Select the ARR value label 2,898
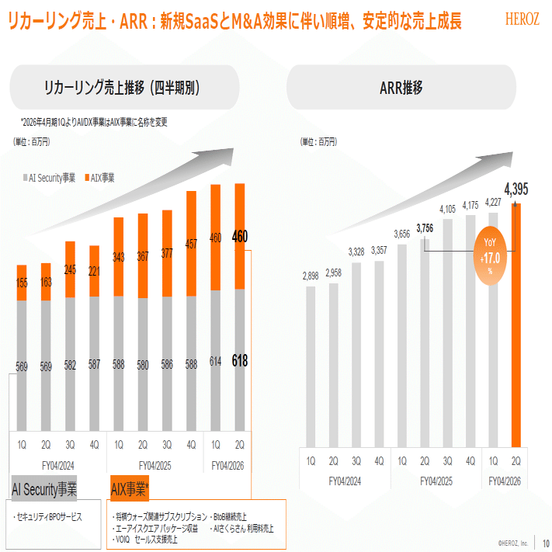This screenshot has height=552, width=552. [x=311, y=276]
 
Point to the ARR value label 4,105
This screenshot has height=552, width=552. [x=447, y=209]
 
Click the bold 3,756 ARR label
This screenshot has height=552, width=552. [x=425, y=227]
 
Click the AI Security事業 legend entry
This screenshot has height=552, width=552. [x=48, y=178]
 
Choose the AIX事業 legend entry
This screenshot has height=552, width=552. [x=99, y=178]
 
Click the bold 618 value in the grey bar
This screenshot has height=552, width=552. [x=240, y=360]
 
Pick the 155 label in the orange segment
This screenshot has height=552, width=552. [x=23, y=283]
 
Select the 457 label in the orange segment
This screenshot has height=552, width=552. [x=191, y=244]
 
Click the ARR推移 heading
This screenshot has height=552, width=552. [x=401, y=88]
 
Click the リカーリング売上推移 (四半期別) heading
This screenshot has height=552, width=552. [x=123, y=88]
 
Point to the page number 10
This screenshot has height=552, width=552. [x=546, y=543]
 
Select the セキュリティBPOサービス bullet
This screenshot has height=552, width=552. [x=48, y=516]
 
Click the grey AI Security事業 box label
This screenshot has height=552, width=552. [x=44, y=489]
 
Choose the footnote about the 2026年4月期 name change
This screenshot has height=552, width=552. [x=94, y=122]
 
